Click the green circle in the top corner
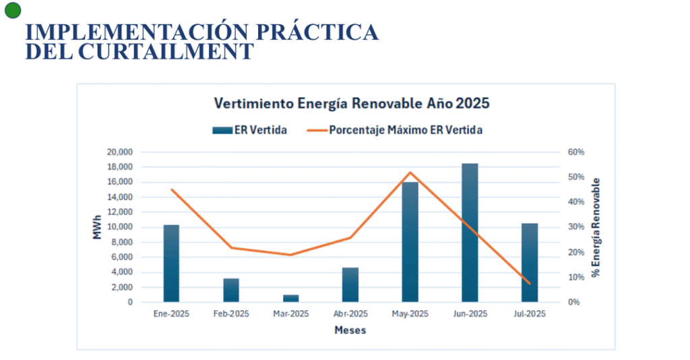pyautogui.click(x=13, y=9)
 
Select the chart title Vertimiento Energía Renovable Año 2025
pyautogui.click(x=351, y=104)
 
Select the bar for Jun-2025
pyautogui.click(x=470, y=233)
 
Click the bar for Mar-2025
pyautogui.click(x=290, y=298)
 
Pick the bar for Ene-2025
pyautogui.click(x=171, y=263)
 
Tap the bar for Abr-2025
pyautogui.click(x=350, y=284)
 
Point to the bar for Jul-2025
pyautogui.click(x=530, y=262)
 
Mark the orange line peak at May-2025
pyautogui.click(x=410, y=173)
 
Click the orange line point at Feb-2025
pyautogui.click(x=231, y=247)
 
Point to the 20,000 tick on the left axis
pyautogui.click(x=119, y=152)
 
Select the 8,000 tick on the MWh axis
pyautogui.click(x=122, y=242)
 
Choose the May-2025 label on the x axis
pyautogui.click(x=410, y=314)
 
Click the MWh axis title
pyautogui.click(x=97, y=227)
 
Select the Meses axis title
pyautogui.click(x=350, y=330)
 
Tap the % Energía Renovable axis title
pyautogui.click(x=595, y=227)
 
